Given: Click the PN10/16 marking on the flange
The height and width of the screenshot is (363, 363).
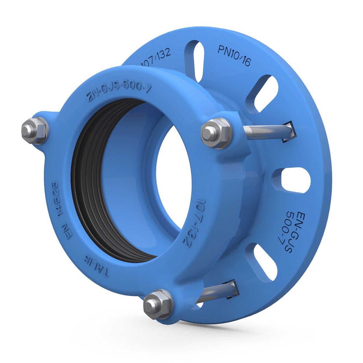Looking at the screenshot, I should (x=234, y=56).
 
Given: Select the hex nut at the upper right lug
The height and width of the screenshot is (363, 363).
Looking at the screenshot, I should (x=216, y=133).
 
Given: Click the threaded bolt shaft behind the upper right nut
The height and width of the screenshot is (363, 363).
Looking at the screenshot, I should (x=264, y=131).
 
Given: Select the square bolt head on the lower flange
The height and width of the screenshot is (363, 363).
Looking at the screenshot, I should (x=232, y=288).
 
